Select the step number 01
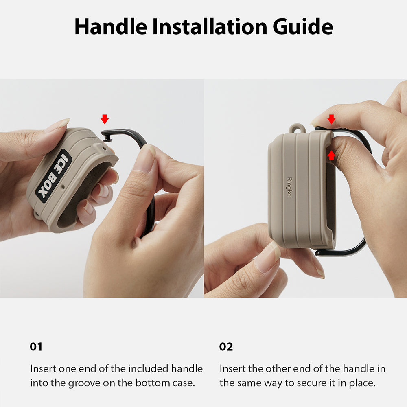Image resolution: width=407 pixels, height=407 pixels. click(x=36, y=347)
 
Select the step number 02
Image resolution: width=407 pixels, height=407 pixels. click(x=226, y=347)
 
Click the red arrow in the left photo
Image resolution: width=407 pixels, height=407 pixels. click(x=105, y=119)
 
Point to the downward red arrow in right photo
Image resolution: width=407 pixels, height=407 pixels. click(x=331, y=119)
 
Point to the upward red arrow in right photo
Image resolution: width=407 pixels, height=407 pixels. click(x=331, y=155)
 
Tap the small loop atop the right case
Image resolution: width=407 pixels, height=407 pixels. click(x=297, y=129)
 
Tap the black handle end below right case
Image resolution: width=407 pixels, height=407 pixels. click(x=326, y=253)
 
